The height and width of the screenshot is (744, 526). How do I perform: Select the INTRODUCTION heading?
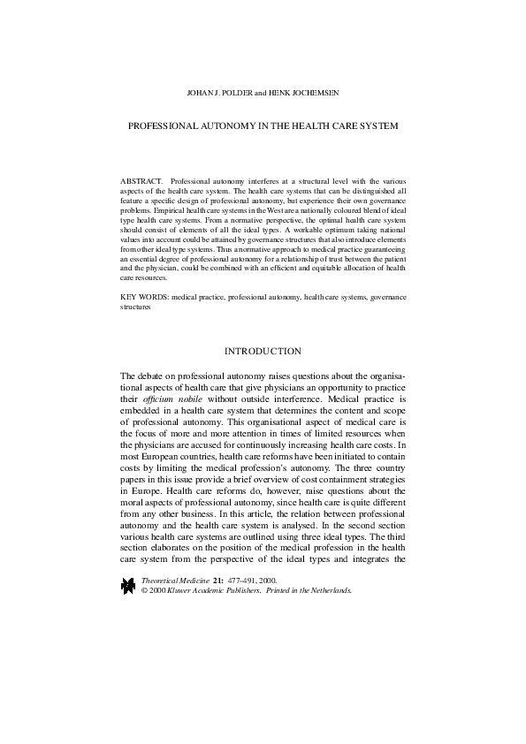pos(263,352)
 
